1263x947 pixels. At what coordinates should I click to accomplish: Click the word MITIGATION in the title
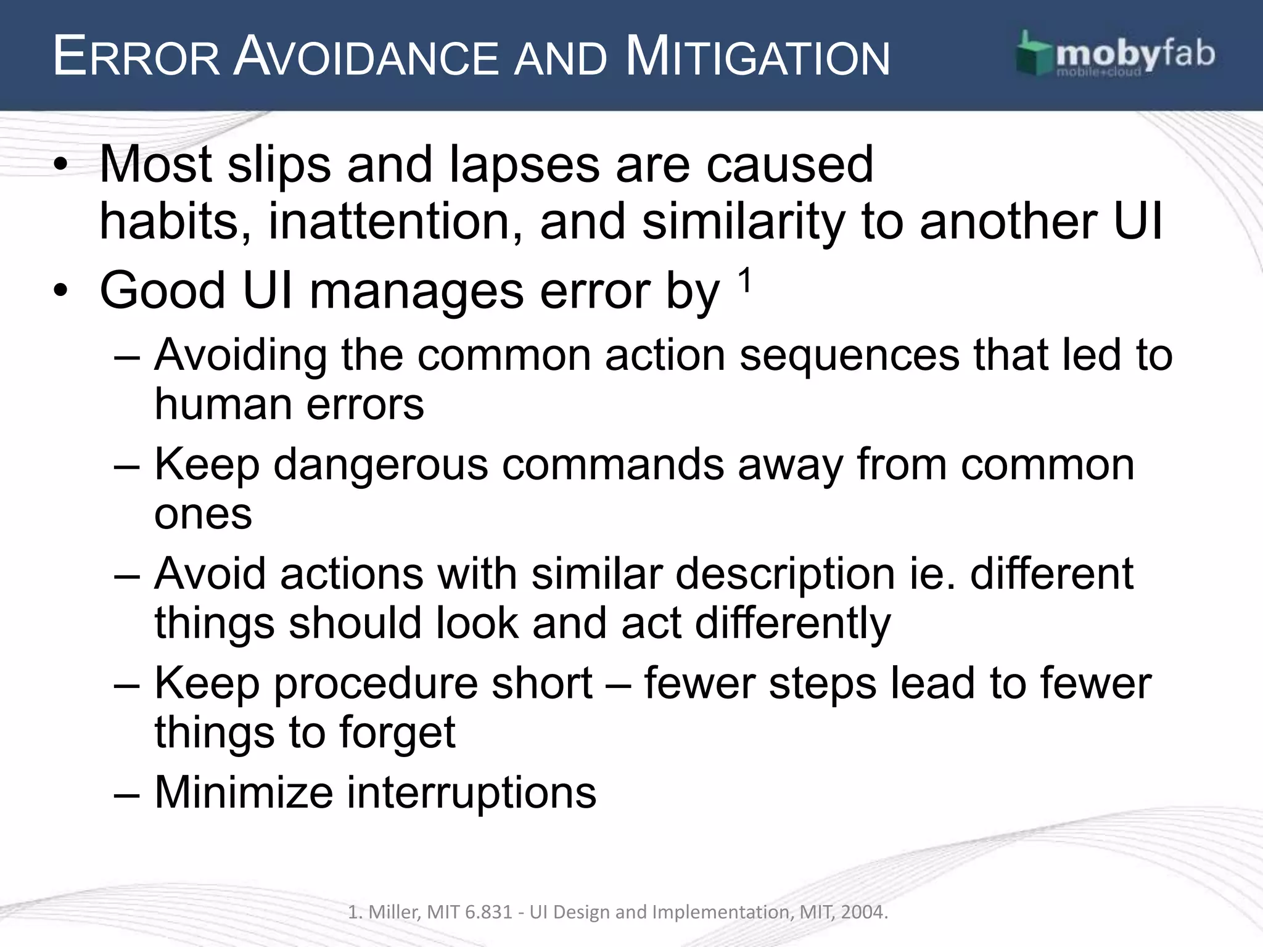(757, 58)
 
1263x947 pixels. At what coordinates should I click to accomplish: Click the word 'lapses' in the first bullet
(524, 165)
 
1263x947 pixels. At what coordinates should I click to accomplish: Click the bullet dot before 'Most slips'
(59, 165)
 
